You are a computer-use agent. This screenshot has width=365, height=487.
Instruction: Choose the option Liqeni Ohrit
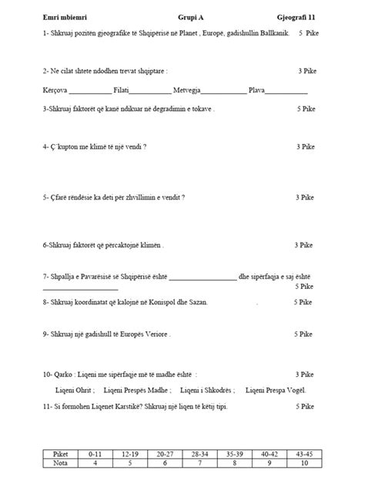[x=72, y=391]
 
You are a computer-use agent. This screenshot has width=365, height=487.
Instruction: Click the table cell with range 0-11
[x=95, y=455]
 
